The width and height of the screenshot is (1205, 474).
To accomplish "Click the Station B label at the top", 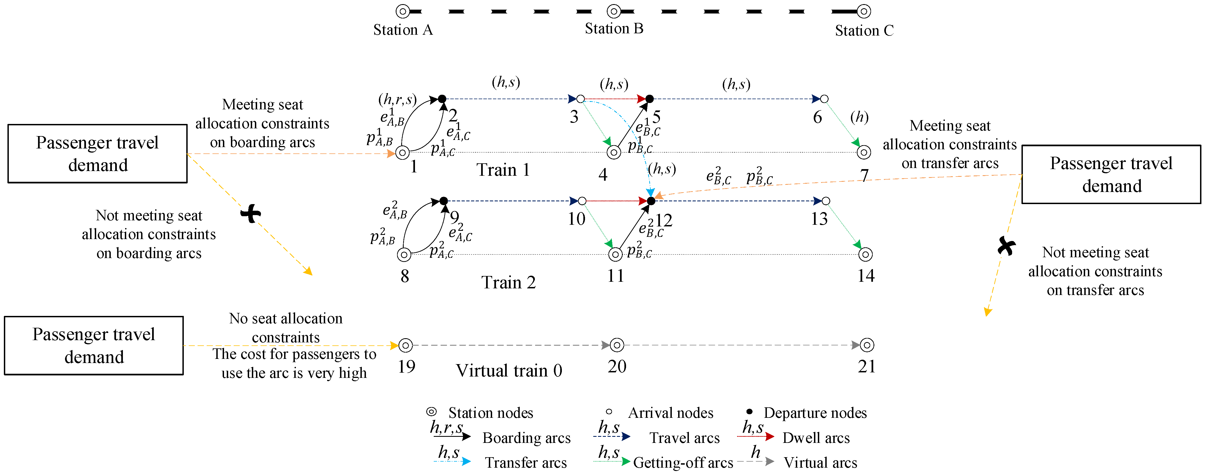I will click(614, 29).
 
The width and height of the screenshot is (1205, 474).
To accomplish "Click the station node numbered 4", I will click(614, 152).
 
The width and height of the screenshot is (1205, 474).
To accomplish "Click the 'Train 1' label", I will click(503, 170).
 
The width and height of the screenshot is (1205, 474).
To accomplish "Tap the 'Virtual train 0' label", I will click(509, 371).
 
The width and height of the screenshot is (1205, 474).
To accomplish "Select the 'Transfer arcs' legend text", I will click(526, 463).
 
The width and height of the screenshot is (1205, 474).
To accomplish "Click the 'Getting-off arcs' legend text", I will click(683, 463).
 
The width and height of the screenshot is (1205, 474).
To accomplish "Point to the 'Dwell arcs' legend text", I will click(816, 438).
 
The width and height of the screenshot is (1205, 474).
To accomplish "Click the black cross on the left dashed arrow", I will click(251, 214).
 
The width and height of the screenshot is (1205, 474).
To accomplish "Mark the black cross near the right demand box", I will click(1007, 245).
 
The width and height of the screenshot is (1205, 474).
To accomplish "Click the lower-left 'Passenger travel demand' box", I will click(94, 345).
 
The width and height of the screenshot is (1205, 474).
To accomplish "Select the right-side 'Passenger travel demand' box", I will click(1111, 174).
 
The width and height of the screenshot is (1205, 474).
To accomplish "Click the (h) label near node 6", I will click(859, 117).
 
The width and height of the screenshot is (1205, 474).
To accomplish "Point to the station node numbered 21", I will click(867, 345).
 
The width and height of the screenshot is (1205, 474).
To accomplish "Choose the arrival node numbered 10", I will click(582, 201).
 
